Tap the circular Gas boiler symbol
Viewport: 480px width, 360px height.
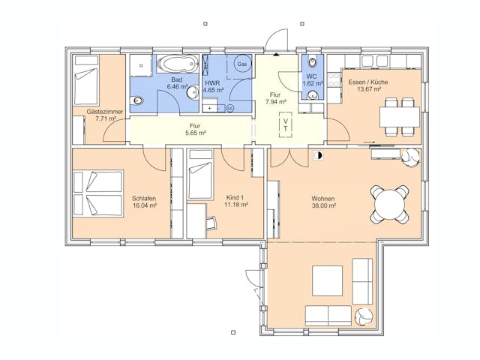coord(241,64)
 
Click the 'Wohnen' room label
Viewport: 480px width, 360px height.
coord(323,199)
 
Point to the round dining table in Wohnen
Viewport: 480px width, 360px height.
coord(390,203)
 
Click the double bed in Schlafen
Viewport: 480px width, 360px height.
coord(97,193)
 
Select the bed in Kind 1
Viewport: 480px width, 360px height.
coord(202,179)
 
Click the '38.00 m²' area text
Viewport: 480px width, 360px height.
coord(323,206)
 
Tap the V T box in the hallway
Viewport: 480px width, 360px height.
coord(286,124)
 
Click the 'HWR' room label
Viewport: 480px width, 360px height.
coord(212,80)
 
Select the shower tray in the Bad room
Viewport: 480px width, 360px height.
coord(140,65)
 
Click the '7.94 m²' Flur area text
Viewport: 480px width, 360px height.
coord(275,103)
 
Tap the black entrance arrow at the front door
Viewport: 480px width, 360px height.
coord(277,55)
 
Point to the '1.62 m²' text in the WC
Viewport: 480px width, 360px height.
coord(312,83)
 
